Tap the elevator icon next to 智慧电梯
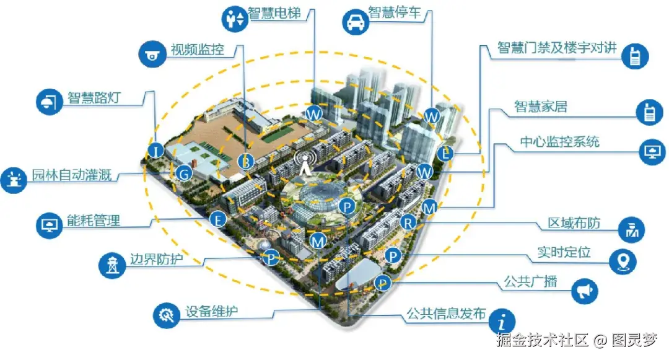[234, 18]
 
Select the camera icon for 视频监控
[152, 53]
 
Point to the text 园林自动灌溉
[72, 175]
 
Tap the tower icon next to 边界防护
[112, 265]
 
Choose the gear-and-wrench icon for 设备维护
[166, 315]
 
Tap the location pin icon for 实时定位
[623, 261]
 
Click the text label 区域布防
[574, 223]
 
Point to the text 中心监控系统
[560, 142]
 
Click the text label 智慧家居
[541, 107]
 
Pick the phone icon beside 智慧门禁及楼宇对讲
[635, 55]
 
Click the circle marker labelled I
[155, 150]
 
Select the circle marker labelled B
[246, 162]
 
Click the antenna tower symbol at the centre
[304, 162]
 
